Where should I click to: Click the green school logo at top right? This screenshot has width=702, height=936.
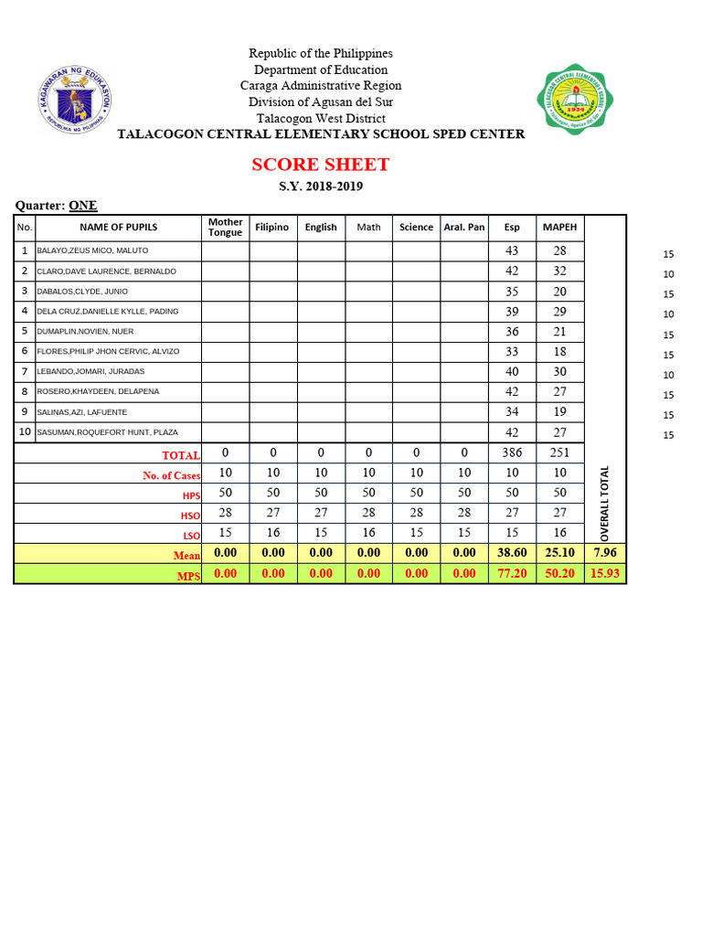point(573,99)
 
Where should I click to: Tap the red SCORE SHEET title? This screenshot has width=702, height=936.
point(321,165)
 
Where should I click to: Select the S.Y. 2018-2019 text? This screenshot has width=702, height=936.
point(321,186)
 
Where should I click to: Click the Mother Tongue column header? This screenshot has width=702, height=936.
point(225,227)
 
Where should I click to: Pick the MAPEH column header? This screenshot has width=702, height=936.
point(559,227)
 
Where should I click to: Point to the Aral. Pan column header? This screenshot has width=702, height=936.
point(464,227)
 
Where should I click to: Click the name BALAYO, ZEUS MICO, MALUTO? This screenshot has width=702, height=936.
point(92,250)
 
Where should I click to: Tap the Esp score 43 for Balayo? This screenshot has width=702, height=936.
point(512,250)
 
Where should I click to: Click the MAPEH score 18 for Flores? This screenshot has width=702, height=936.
point(559,351)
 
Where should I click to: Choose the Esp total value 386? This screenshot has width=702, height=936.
point(512,452)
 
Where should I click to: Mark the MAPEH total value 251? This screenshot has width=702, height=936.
point(559,452)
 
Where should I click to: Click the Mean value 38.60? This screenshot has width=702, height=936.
point(512,553)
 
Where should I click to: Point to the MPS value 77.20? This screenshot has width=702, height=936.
point(512,573)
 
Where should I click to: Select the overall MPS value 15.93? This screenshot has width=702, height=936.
point(604,573)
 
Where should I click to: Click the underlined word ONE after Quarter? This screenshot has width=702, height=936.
point(83,206)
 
